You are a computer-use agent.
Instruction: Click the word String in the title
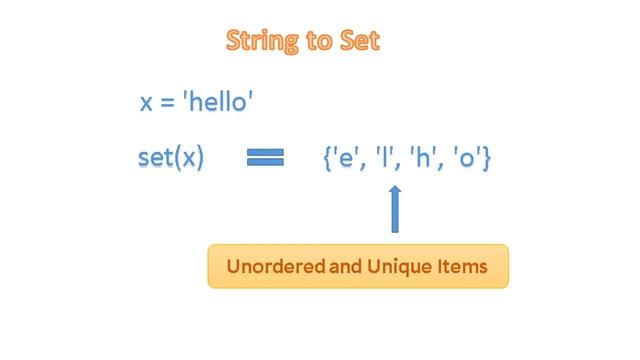(x=259, y=42)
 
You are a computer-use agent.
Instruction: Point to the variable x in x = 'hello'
(x=146, y=104)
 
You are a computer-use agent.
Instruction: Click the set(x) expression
(x=171, y=158)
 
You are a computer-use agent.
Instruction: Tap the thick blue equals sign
(x=265, y=158)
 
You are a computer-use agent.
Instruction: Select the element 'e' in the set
(x=348, y=159)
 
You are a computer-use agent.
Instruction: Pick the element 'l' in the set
(x=384, y=159)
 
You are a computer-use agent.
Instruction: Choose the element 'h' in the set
(x=420, y=159)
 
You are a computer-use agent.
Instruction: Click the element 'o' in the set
(x=464, y=159)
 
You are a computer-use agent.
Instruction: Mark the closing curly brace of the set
(x=486, y=159)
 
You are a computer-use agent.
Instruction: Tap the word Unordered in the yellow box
(x=270, y=267)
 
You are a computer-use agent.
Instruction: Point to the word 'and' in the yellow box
(x=340, y=267)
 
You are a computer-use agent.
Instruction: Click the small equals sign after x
(x=167, y=105)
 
